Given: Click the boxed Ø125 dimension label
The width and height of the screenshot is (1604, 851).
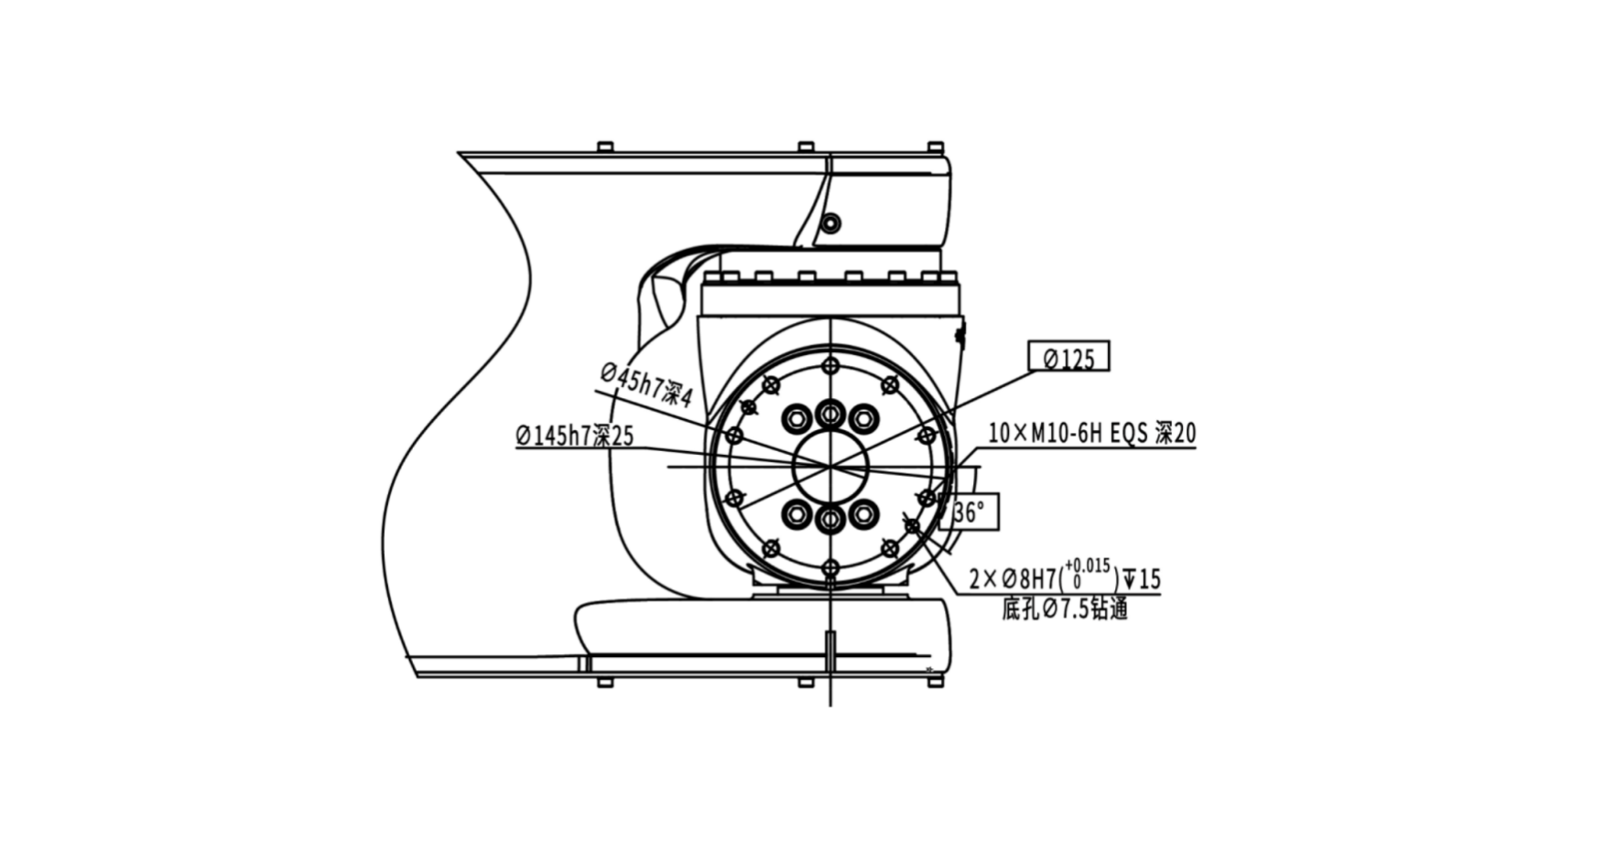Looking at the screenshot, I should pyautogui.click(x=1068, y=357).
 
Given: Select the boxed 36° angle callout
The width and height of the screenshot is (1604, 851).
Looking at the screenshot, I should pyautogui.click(x=969, y=512).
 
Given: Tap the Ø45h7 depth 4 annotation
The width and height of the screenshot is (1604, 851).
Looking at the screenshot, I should pyautogui.click(x=646, y=384).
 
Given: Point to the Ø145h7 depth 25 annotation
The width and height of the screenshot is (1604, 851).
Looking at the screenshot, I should pyautogui.click(x=575, y=436).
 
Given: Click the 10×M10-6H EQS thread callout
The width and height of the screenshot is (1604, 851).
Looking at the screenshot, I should pyautogui.click(x=1091, y=433).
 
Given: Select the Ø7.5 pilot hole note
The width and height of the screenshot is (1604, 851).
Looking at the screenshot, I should pyautogui.click(x=1064, y=609).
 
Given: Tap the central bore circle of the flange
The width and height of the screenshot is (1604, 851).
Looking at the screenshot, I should pyautogui.click(x=829, y=466).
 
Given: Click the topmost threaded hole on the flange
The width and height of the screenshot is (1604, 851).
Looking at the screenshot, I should pyautogui.click(x=830, y=366).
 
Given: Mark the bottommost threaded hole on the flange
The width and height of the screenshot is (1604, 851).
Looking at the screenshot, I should pyautogui.click(x=830, y=568).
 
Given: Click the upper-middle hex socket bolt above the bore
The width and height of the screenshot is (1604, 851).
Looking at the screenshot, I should pyautogui.click(x=830, y=415).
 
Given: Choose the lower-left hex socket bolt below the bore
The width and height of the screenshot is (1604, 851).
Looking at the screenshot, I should pyautogui.click(x=797, y=514).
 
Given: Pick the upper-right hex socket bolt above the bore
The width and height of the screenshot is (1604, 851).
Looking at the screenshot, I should pyautogui.click(x=863, y=420).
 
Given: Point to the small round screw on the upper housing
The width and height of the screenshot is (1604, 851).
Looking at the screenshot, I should pyautogui.click(x=830, y=223).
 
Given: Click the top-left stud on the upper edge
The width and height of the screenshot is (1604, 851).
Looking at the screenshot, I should pyautogui.click(x=604, y=147).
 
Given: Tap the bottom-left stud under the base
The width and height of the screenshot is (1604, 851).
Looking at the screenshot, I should pyautogui.click(x=604, y=682).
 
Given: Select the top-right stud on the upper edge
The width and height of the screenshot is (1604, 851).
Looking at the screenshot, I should pyautogui.click(x=935, y=147).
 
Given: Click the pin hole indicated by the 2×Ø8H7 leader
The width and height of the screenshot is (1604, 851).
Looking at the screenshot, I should pyautogui.click(x=912, y=525).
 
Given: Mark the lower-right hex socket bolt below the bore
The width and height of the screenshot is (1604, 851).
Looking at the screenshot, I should pyautogui.click(x=863, y=514).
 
